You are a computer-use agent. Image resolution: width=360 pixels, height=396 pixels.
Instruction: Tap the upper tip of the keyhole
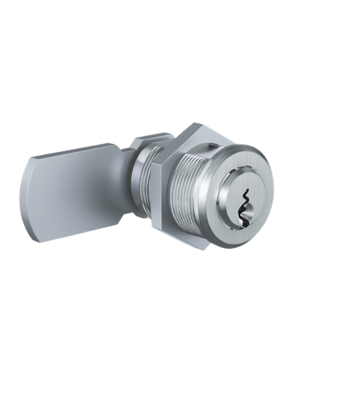[246, 188]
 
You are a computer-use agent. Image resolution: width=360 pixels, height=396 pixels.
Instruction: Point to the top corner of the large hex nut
[198, 123]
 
